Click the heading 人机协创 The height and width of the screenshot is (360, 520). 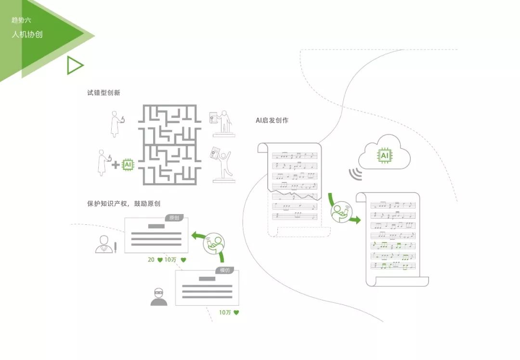[27, 35]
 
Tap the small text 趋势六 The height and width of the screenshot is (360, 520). [21, 20]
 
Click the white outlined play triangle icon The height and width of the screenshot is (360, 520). [74, 65]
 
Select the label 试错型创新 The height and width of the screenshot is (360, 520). [104, 93]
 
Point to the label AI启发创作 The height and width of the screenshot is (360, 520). [272, 120]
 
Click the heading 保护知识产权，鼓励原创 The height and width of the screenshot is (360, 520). [127, 204]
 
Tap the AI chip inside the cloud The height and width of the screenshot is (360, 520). [384, 155]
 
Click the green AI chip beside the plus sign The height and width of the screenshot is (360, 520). [128, 165]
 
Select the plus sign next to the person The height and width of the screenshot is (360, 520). [116, 165]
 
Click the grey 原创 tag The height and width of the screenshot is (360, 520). [174, 218]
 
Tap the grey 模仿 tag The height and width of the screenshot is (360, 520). [225, 270]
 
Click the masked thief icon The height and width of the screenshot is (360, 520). [159, 297]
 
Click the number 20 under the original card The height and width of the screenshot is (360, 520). [151, 260]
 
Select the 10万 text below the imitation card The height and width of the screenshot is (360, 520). [225, 312]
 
